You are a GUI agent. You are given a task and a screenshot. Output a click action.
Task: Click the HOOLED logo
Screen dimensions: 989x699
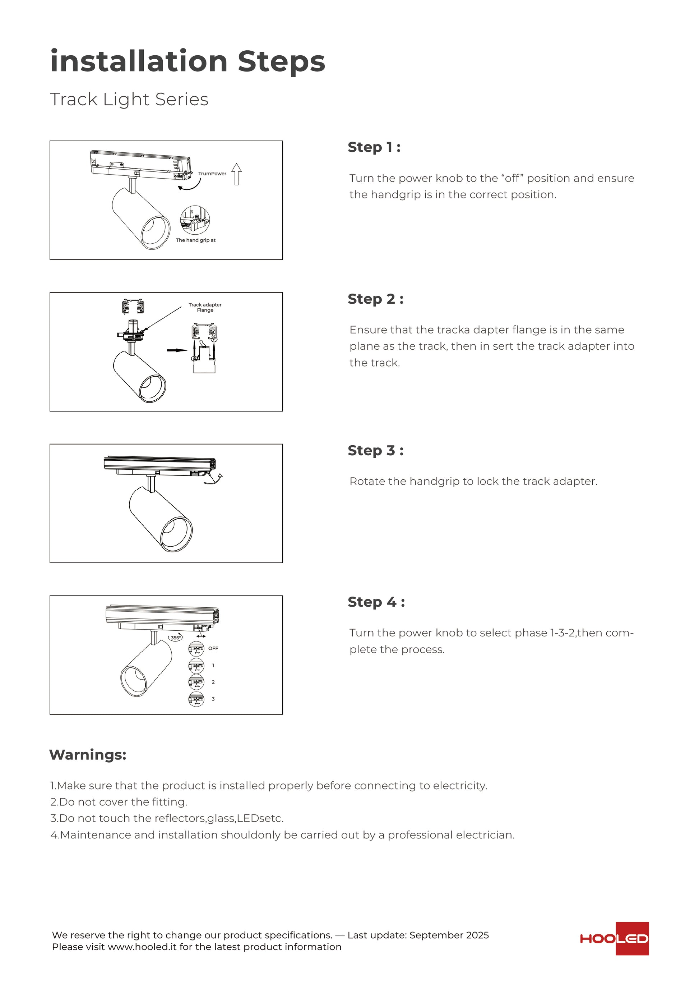[x=614, y=939]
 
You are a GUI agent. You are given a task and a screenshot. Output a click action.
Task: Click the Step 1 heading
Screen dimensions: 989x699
[x=374, y=147]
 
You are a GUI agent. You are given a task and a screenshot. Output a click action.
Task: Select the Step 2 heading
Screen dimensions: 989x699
[x=375, y=299]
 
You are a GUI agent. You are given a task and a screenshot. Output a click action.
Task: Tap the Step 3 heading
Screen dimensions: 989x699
[x=375, y=451]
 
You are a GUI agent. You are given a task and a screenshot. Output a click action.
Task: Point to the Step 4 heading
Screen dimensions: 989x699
[x=376, y=602]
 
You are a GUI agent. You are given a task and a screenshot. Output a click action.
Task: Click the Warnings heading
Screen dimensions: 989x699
[x=88, y=755]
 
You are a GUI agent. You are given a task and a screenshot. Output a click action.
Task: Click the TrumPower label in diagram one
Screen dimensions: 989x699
[x=212, y=174]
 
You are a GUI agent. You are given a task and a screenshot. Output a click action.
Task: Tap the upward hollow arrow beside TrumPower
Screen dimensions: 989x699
[x=237, y=174]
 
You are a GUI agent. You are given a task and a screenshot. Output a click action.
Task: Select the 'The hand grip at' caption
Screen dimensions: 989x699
[x=195, y=240]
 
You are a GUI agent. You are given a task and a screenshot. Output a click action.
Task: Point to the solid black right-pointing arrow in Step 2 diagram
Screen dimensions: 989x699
[x=177, y=350]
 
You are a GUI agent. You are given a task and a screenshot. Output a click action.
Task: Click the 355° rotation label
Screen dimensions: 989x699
[x=176, y=638]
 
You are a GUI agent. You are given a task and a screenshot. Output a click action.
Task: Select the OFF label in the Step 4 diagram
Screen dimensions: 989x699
[x=213, y=648]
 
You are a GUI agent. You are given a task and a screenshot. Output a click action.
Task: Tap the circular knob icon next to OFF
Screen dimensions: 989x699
[x=196, y=649]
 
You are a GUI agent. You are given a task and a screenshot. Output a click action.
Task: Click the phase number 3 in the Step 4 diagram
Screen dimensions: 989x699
[x=213, y=699]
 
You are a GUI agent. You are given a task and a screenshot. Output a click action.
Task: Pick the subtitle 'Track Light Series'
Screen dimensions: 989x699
[x=129, y=100]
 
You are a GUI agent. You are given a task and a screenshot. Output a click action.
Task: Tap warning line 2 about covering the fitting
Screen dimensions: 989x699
[x=119, y=802]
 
